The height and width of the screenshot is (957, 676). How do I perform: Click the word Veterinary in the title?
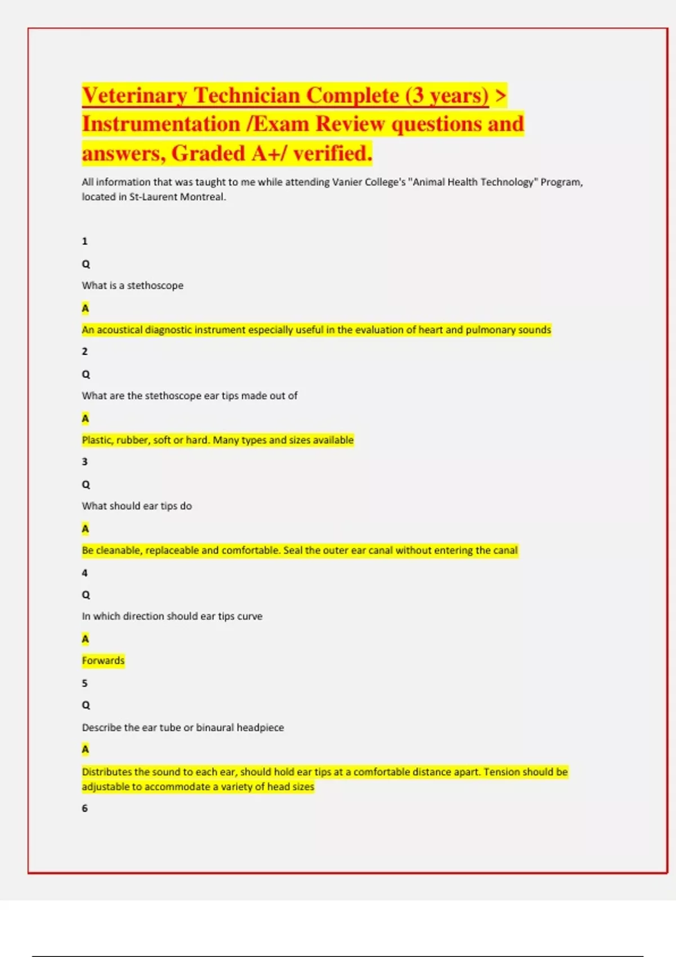(134, 96)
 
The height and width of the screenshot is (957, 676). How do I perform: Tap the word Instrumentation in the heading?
(161, 124)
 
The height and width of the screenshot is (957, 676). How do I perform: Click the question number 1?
(84, 242)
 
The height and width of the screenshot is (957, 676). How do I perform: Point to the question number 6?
(84, 808)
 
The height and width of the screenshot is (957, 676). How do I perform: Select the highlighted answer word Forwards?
(103, 661)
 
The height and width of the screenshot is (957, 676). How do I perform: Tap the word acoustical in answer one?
(120, 330)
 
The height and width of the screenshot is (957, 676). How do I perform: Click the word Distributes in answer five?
(106, 772)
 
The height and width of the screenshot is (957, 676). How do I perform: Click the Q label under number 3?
(86, 485)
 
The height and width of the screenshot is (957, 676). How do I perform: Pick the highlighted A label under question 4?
(85, 639)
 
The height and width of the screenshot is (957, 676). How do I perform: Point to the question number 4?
(84, 573)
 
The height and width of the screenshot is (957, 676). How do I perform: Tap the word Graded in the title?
(208, 154)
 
